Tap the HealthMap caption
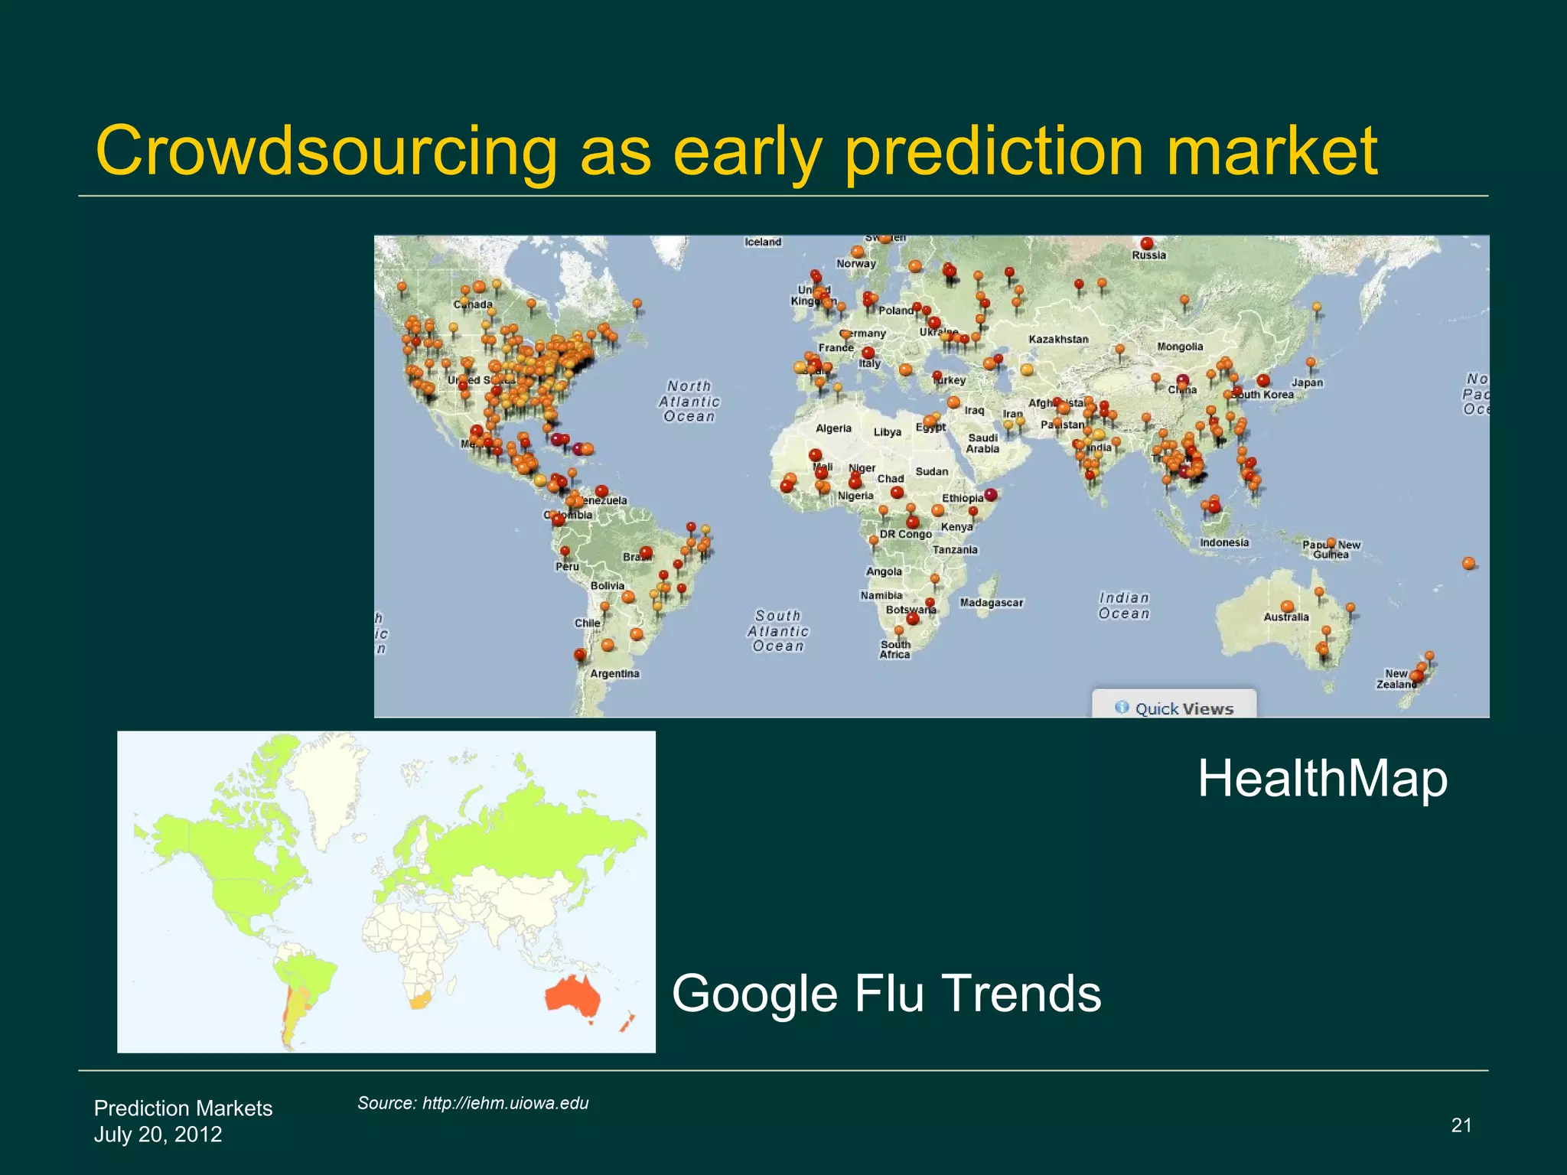tap(1322, 779)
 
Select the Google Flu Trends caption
tap(886, 993)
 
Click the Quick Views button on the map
tap(1174, 708)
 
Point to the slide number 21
tap(1461, 1125)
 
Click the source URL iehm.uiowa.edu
tap(505, 1102)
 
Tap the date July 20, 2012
tap(158, 1134)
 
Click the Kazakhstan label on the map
tap(1058, 339)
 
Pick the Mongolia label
tap(1180, 347)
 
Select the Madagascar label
tap(991, 603)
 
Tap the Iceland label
tap(763, 242)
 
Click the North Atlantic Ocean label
tap(689, 402)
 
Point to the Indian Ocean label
tap(1124, 605)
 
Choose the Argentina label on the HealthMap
tap(614, 673)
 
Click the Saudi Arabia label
tap(982, 443)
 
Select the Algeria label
tap(833, 428)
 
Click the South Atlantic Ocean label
tap(777, 631)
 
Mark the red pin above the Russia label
tap(1146, 243)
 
